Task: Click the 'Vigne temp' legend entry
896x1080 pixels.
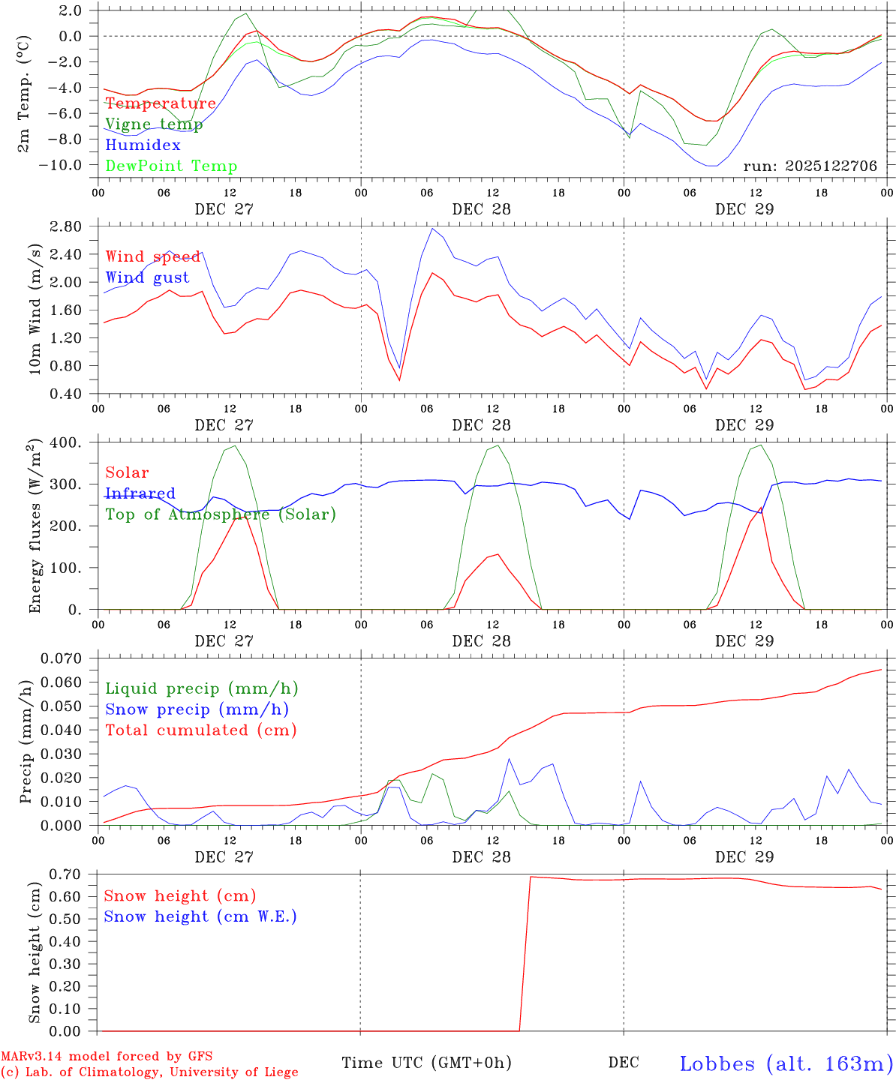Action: (x=154, y=124)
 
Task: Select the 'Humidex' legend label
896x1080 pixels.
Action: (x=143, y=145)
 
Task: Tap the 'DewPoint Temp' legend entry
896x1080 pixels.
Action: (x=171, y=166)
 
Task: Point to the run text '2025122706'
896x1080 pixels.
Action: (x=831, y=166)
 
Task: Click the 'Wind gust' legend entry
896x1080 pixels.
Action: (x=147, y=277)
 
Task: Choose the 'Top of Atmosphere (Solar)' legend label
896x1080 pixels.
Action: (x=220, y=514)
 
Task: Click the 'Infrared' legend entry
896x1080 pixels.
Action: (x=140, y=493)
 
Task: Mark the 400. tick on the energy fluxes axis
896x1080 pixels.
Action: (x=68, y=443)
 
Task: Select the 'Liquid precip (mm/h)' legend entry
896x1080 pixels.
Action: (x=201, y=688)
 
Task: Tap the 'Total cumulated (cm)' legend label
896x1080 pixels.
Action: (x=200, y=730)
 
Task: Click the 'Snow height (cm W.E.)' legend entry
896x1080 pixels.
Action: (x=200, y=916)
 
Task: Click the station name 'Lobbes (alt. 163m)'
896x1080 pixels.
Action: (x=786, y=1063)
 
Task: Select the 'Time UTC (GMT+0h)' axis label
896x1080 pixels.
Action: (x=426, y=1063)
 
